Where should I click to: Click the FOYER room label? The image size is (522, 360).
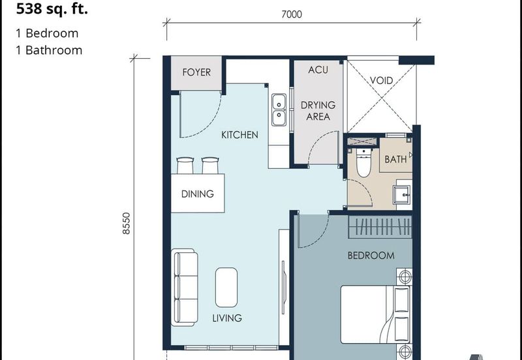pos(196,72)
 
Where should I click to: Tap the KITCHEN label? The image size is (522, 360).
pos(239,135)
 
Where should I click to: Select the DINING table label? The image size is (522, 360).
pos(198,194)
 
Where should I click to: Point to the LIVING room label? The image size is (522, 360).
pos(227,318)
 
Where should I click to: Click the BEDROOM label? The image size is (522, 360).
pos(371,256)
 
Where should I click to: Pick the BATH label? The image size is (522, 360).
pos(395,159)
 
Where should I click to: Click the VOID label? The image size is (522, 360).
pos(381,81)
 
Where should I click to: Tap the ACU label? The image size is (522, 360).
pos(318,70)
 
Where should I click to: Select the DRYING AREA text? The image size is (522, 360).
pos(318,111)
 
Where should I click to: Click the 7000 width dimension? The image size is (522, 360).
pos(291,15)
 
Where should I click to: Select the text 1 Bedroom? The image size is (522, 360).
pos(47,33)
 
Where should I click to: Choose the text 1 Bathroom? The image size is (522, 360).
pos(50,50)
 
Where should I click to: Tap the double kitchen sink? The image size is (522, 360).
pos(279,109)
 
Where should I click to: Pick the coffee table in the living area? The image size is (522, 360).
pos(226,287)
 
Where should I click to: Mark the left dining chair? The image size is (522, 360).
pos(185,166)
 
